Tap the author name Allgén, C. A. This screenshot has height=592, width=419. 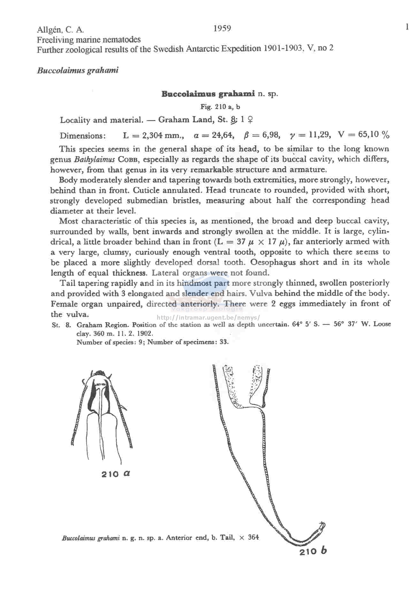(61, 30)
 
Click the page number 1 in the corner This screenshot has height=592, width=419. (407, 27)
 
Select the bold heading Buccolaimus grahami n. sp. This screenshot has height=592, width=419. (220, 94)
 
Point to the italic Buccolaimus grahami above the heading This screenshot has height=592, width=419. (78, 70)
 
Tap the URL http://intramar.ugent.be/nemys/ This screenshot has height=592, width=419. (208, 318)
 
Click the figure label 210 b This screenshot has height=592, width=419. (313, 551)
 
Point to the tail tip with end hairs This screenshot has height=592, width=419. (322, 526)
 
